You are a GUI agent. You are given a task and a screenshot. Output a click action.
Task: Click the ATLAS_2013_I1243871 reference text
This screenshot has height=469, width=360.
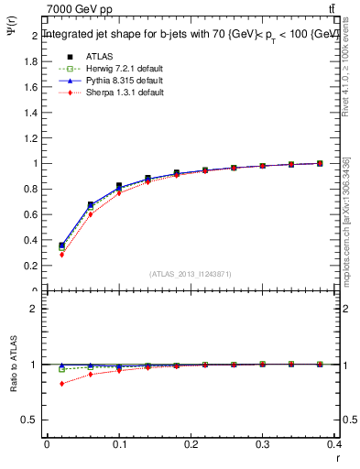click(x=191, y=274)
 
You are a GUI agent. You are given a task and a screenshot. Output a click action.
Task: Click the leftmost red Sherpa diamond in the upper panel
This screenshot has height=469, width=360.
click(x=61, y=255)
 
